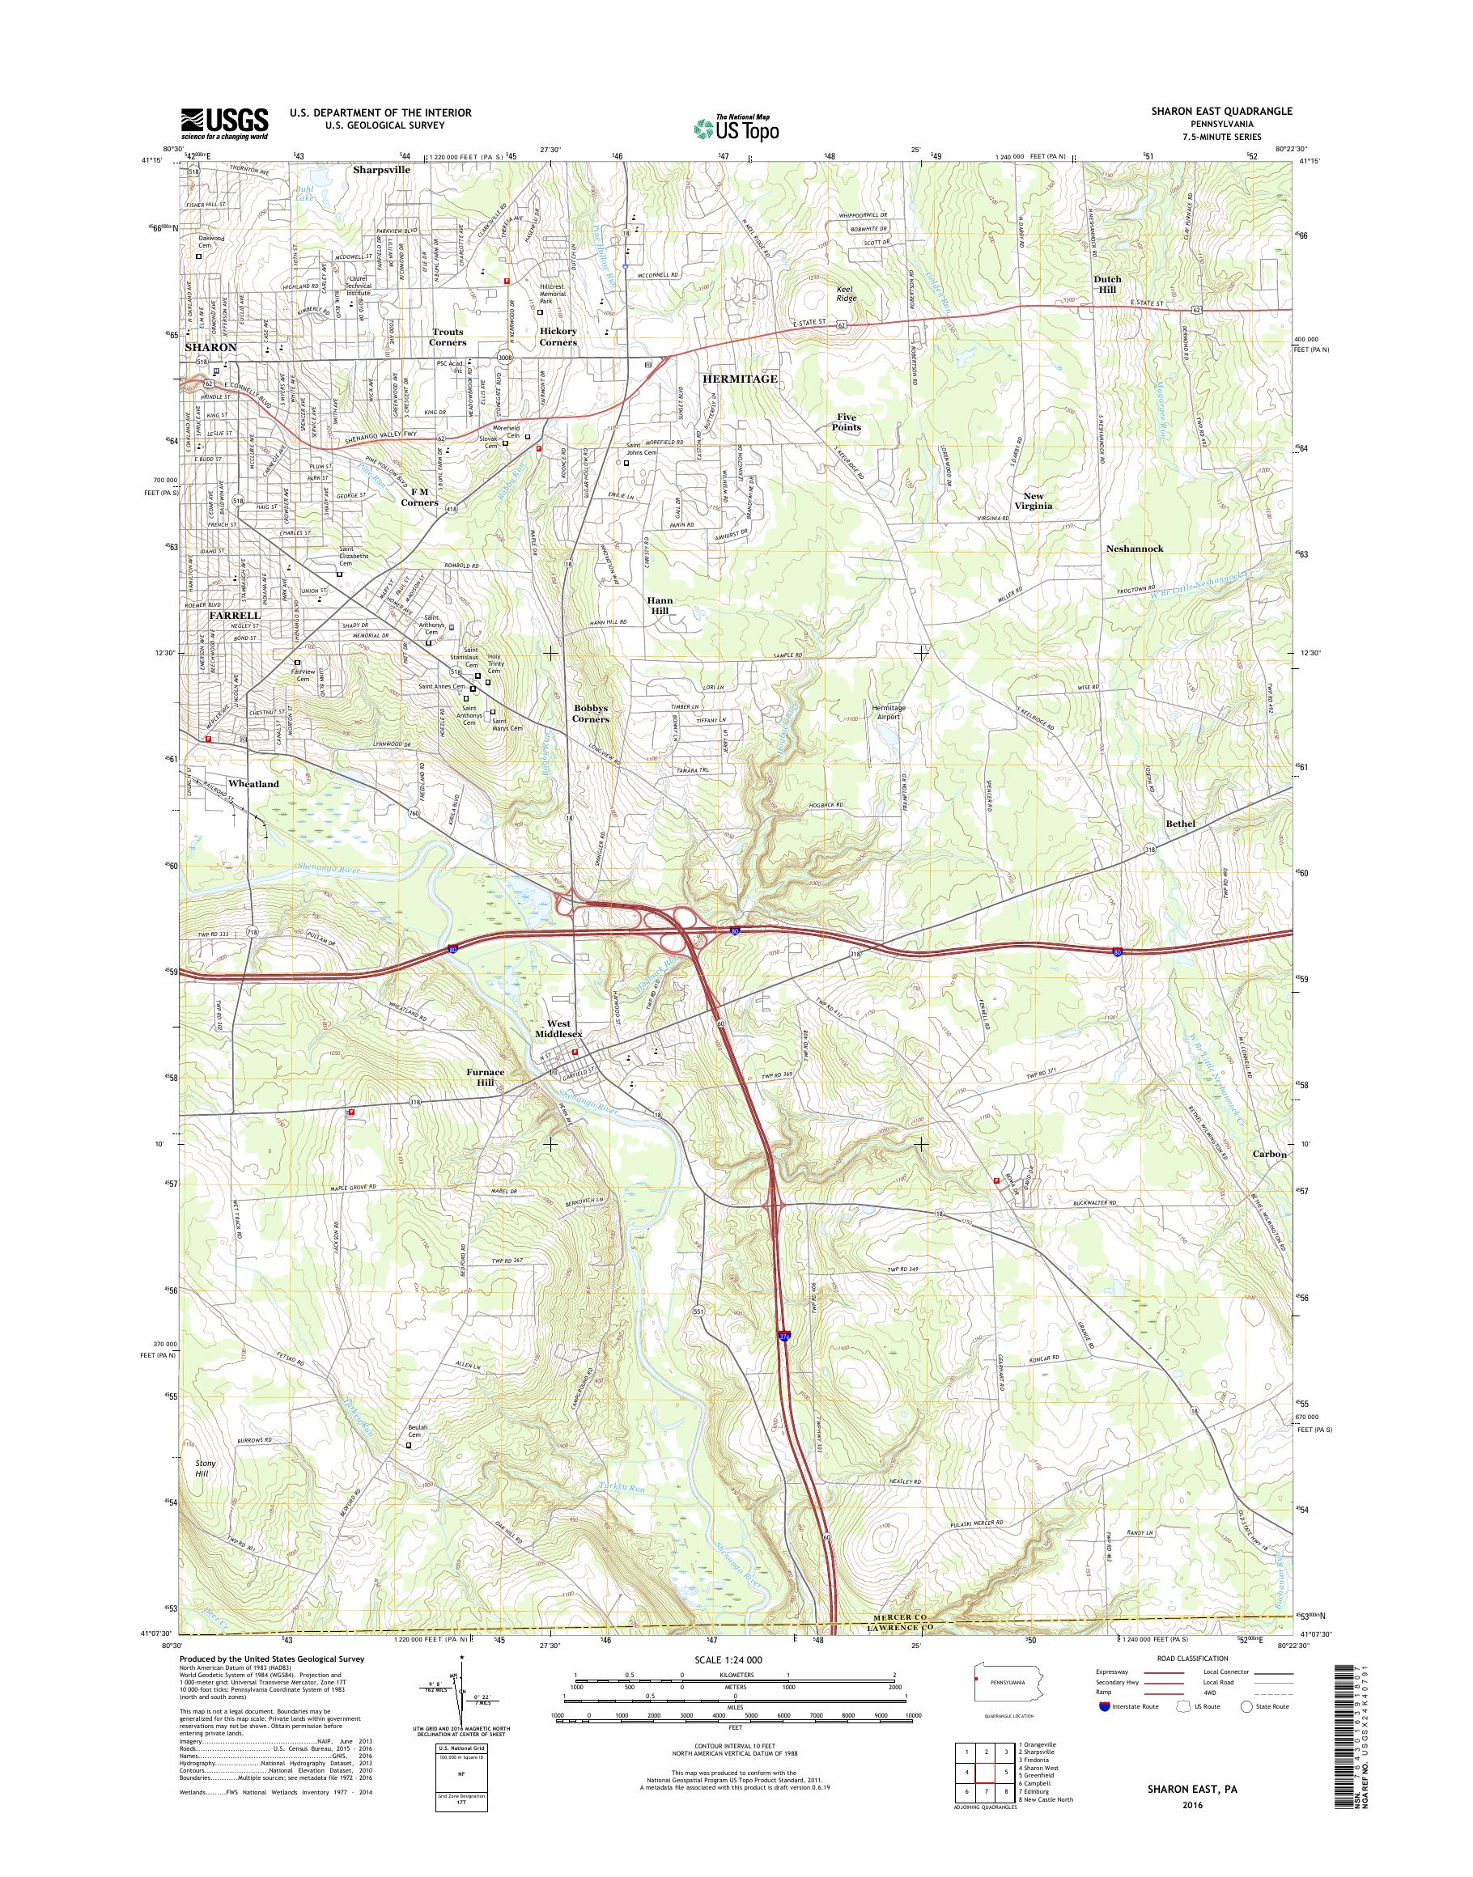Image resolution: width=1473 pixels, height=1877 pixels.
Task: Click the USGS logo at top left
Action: (224, 123)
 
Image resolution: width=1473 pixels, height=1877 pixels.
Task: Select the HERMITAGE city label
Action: (739, 379)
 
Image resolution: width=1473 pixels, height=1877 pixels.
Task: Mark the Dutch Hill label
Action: (1107, 285)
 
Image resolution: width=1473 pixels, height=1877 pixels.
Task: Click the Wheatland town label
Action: (253, 784)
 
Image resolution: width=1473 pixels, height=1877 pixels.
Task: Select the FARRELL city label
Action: (235, 616)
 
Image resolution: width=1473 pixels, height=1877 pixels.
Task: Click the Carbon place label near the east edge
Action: (1270, 1154)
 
